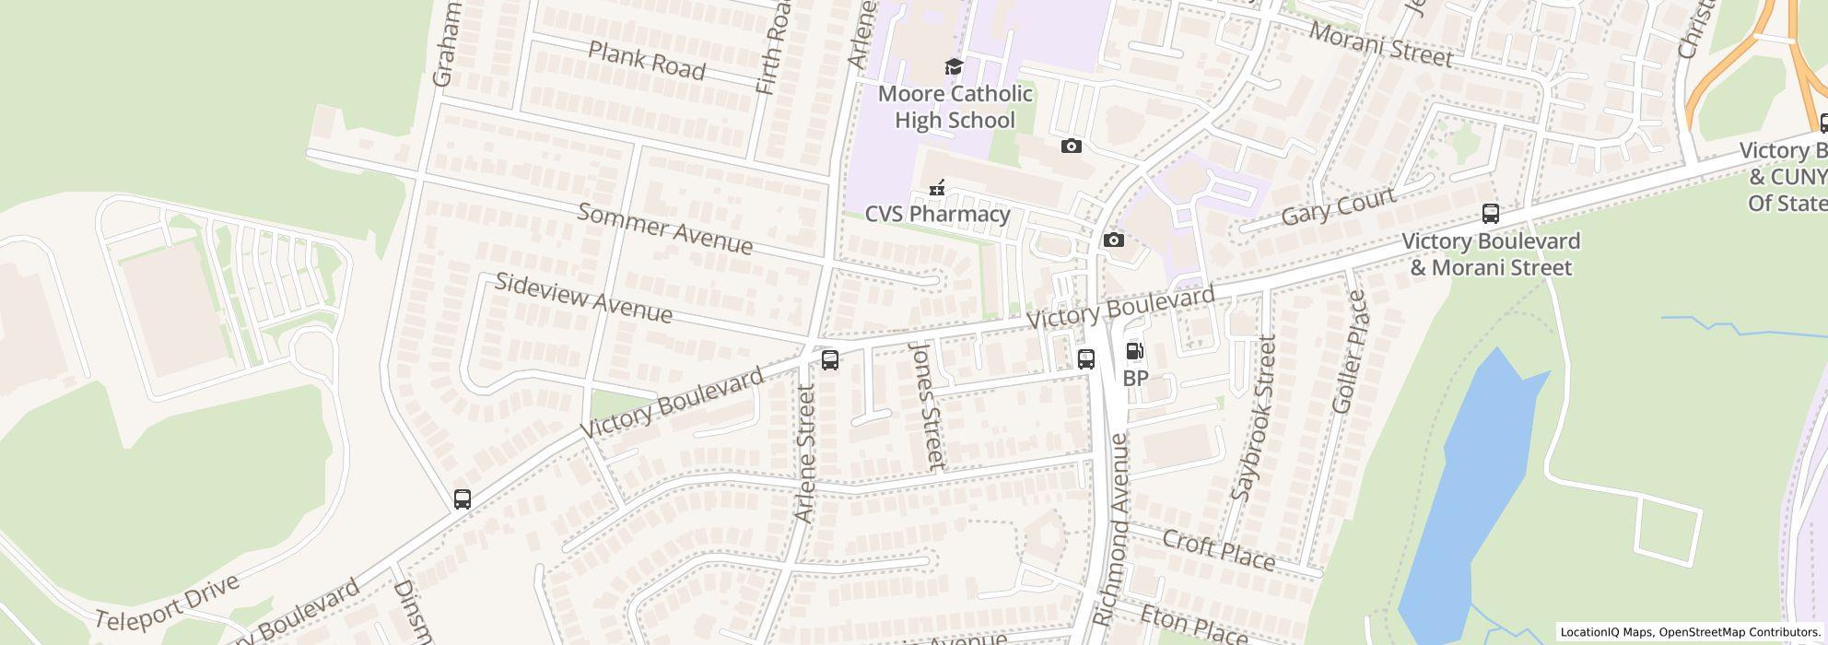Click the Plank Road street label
[646, 61]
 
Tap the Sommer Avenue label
[664, 229]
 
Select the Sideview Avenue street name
[583, 298]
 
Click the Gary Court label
[1338, 208]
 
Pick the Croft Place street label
[1218, 550]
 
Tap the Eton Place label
[1193, 626]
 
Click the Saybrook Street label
[1255, 418]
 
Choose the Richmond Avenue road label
[1110, 530]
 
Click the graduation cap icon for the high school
[954, 67]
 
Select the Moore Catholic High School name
[955, 107]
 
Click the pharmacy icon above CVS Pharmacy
[937, 188]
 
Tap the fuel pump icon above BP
[1135, 351]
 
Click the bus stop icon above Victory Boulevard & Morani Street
[1490, 214]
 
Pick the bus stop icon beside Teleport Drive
[463, 499]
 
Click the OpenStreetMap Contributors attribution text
[1738, 632]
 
